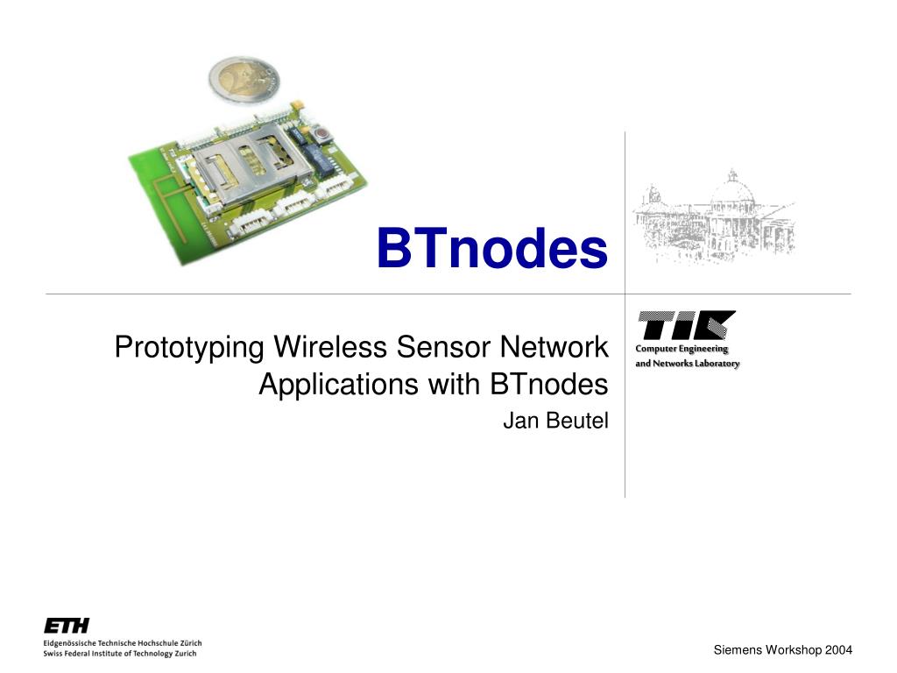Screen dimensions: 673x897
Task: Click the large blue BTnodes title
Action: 491,249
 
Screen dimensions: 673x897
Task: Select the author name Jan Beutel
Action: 555,422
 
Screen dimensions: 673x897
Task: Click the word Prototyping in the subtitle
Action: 189,349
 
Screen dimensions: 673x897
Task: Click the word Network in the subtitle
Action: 554,348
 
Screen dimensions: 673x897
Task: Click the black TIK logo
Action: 686,325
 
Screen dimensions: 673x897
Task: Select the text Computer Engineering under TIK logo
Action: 682,350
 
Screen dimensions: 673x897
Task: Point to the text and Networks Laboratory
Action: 688,364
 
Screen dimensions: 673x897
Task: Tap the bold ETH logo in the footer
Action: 67,626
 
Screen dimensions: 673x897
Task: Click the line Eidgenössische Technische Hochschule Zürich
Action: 123,643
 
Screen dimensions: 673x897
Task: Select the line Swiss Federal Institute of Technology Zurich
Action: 121,654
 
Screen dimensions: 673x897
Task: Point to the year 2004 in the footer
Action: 838,649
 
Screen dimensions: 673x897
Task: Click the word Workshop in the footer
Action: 793,649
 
